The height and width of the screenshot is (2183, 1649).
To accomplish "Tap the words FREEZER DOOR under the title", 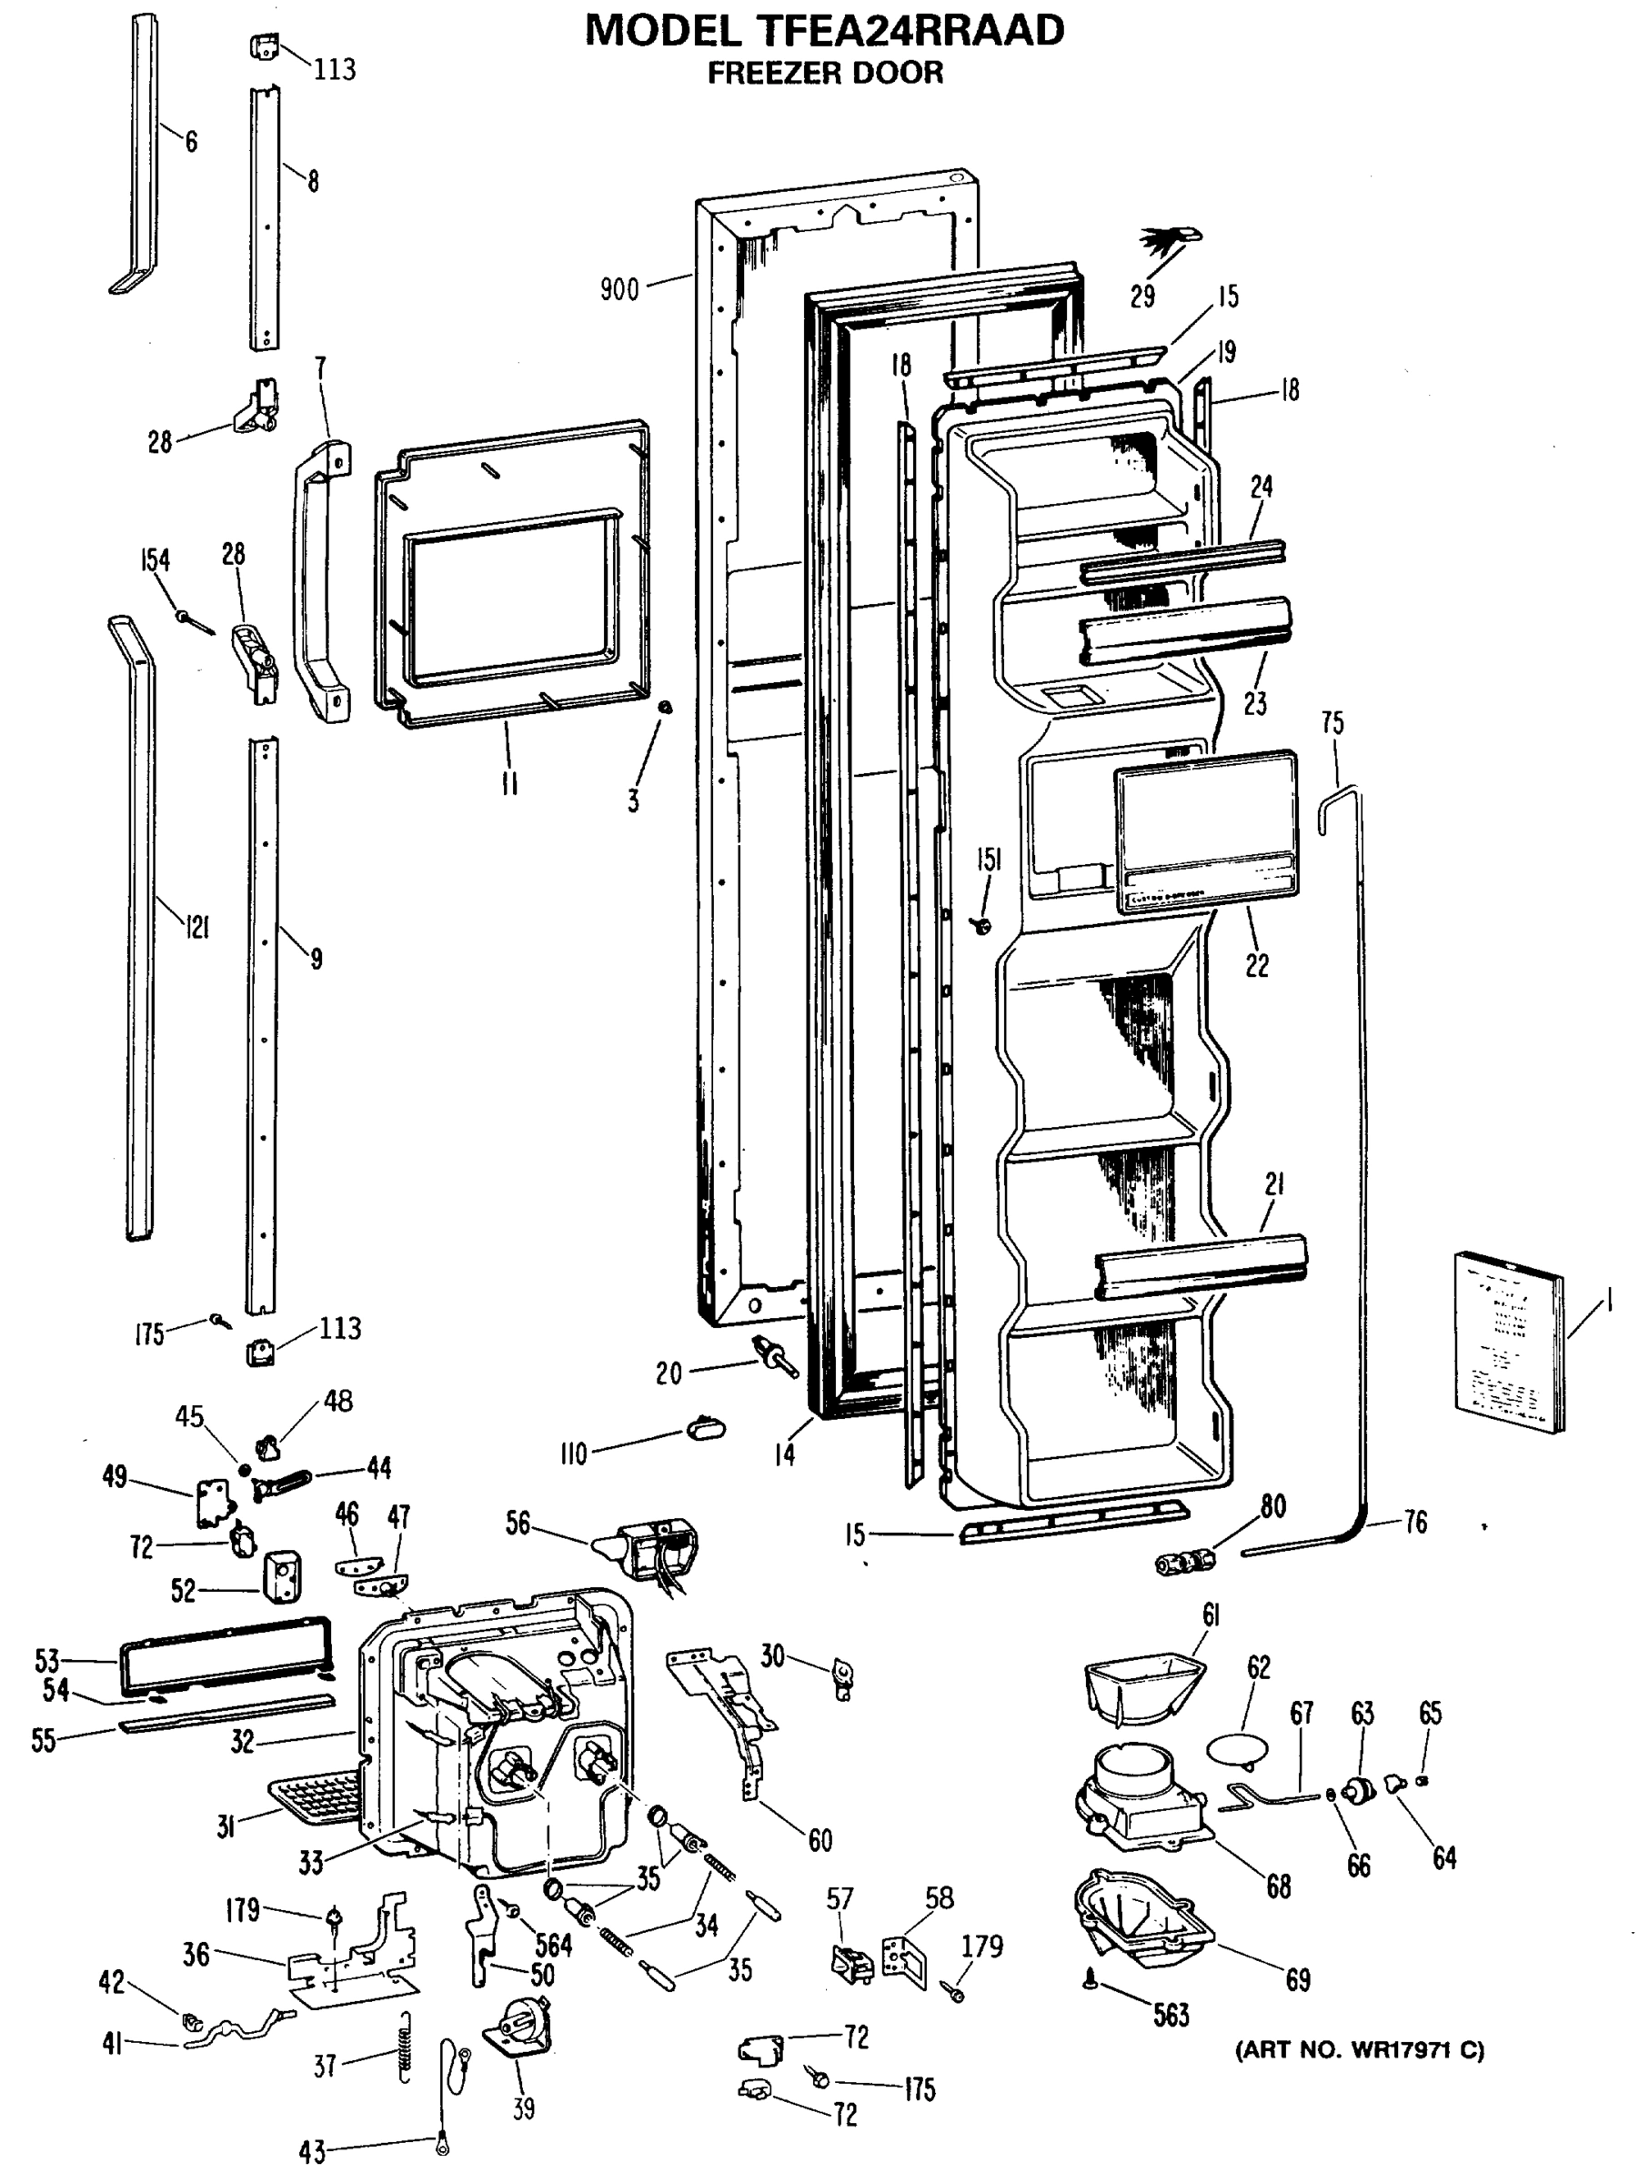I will [825, 73].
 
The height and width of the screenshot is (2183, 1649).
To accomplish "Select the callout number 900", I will [618, 289].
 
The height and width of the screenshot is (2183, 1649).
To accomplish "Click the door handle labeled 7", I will [317, 582].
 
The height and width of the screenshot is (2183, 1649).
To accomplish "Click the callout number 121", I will [197, 927].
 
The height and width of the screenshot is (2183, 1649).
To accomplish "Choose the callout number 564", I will [554, 1944].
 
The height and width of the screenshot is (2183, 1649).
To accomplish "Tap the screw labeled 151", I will [982, 924].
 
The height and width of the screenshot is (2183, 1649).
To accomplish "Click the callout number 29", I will [1141, 295].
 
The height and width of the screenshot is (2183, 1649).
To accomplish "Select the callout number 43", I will [312, 2151].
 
